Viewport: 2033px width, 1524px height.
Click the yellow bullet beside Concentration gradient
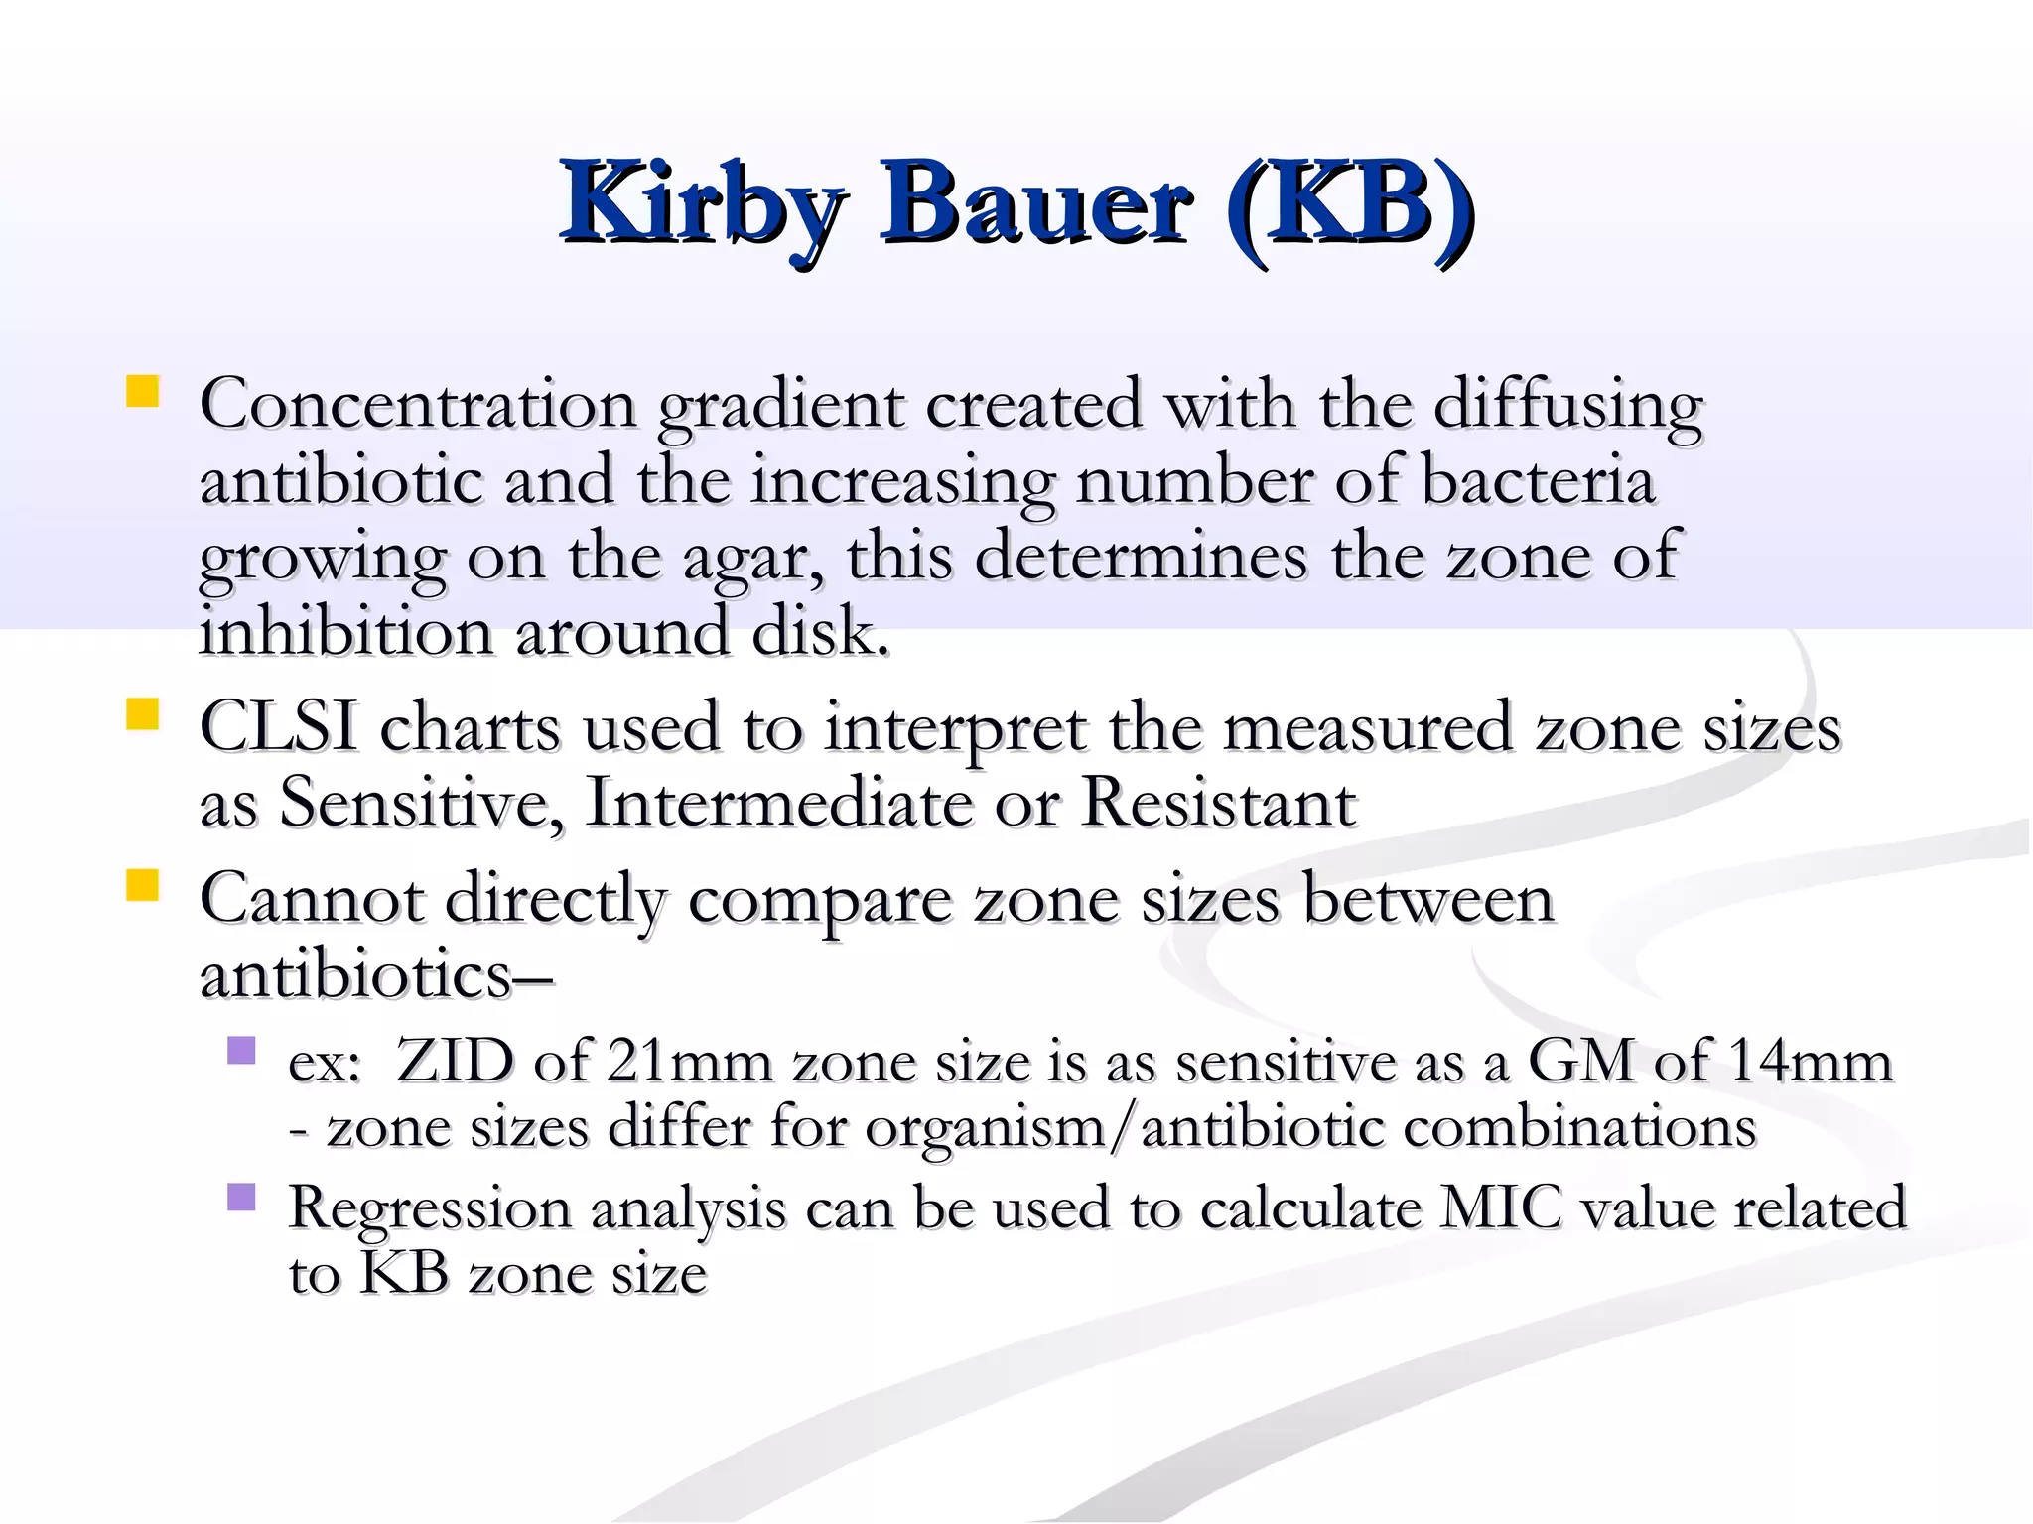click(x=143, y=391)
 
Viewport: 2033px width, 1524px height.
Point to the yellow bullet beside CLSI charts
click(x=143, y=714)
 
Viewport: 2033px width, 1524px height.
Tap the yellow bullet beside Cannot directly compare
click(x=143, y=885)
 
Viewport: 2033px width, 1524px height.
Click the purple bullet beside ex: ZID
click(x=241, y=1050)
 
